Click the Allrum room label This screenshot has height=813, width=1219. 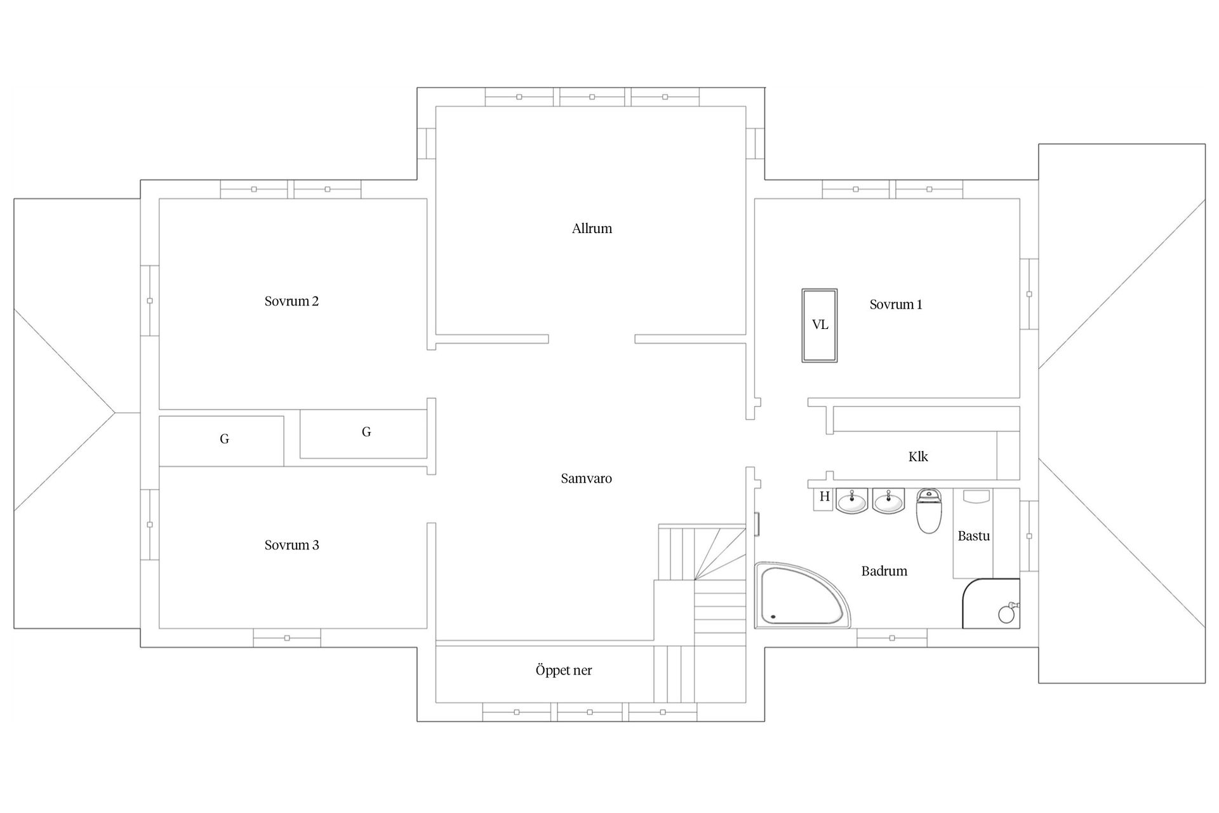click(x=592, y=229)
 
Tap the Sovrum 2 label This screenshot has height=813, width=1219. click(x=291, y=301)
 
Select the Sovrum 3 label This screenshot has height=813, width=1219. click(x=291, y=545)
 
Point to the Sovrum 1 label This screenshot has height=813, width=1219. click(x=895, y=304)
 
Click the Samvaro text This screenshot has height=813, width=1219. click(x=586, y=478)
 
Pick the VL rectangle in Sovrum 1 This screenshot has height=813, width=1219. click(x=819, y=325)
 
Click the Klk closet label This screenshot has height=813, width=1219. click(x=918, y=457)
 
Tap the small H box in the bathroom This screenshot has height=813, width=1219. click(x=824, y=497)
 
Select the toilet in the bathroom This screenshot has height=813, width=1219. click(x=929, y=511)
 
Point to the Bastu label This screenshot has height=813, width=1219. click(x=973, y=535)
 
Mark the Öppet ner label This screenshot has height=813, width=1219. click(x=563, y=670)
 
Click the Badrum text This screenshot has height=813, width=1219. click(x=884, y=571)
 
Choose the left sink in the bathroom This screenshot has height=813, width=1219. click(x=851, y=501)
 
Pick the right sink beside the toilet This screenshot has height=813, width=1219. click(x=888, y=501)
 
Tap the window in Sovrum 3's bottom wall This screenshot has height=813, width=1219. click(x=287, y=638)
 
